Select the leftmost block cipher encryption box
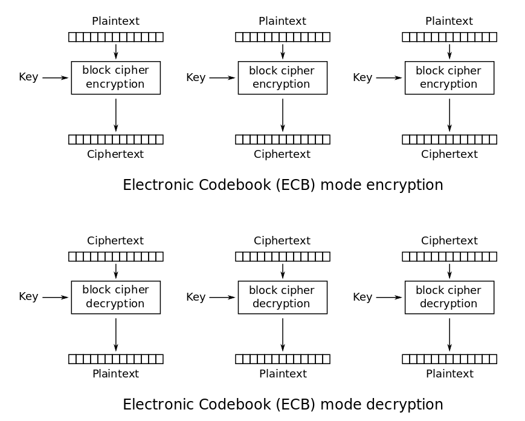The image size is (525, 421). (x=115, y=77)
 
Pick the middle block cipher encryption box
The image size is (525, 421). (x=282, y=77)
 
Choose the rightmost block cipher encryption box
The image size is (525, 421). (x=449, y=77)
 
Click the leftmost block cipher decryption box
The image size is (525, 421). (x=115, y=297)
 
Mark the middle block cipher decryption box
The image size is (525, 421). (x=282, y=297)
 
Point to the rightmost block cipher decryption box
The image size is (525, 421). (x=449, y=297)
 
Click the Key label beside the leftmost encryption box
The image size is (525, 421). (x=28, y=77)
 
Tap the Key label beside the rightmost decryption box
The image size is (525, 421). (x=362, y=297)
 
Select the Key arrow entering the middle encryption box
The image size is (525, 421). (x=222, y=77)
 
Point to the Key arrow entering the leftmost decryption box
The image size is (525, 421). (x=55, y=297)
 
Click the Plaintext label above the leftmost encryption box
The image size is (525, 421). (x=115, y=21)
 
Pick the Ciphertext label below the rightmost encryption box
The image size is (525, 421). (x=449, y=154)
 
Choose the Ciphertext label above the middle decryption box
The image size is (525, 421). (x=282, y=241)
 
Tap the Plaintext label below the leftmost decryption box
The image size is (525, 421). (x=115, y=374)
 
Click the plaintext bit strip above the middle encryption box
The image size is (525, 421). (x=283, y=37)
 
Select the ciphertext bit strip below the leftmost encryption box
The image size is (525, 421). (x=116, y=139)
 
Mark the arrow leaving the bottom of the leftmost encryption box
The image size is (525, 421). (x=115, y=114)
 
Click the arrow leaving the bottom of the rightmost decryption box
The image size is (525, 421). (x=449, y=334)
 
